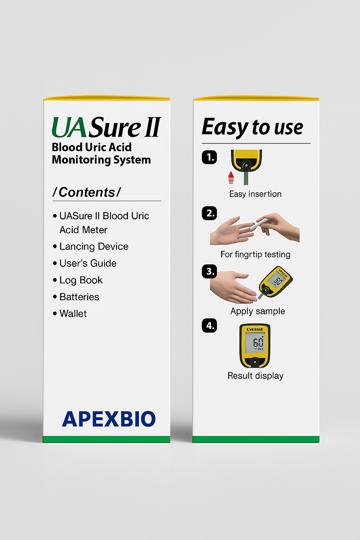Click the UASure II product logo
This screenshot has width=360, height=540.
tap(106, 127)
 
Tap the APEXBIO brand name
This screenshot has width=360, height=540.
tap(109, 419)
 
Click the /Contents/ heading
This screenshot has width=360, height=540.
tap(86, 192)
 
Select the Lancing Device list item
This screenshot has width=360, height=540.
tap(94, 246)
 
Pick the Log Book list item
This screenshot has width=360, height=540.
tap(81, 280)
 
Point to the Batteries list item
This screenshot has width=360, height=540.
tap(79, 297)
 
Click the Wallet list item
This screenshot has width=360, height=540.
tap(73, 314)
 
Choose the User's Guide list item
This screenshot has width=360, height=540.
tap(88, 263)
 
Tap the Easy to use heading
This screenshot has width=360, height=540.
tap(252, 127)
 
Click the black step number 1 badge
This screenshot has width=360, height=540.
tap(210, 157)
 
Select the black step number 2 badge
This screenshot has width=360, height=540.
tap(210, 213)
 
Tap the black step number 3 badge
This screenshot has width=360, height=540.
tap(210, 271)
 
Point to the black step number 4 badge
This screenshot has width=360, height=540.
tap(210, 326)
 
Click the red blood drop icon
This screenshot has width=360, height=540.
tap(231, 178)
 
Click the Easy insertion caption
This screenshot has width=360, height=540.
tap(255, 194)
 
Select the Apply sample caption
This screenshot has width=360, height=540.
tap(257, 311)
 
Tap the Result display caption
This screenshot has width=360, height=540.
tap(255, 376)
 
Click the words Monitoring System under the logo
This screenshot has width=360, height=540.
tap(101, 160)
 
